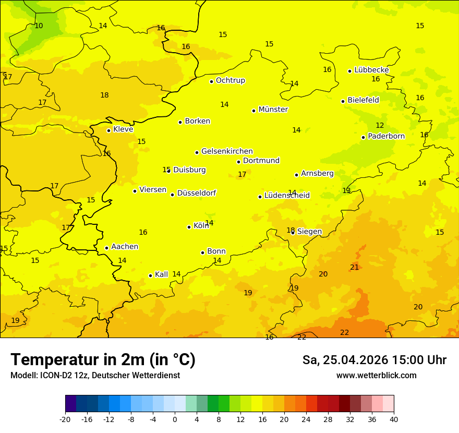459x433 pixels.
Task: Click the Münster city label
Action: pyautogui.click(x=273, y=110)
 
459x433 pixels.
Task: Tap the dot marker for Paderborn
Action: pyautogui.click(x=363, y=137)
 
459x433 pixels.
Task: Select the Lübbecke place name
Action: pyautogui.click(x=371, y=70)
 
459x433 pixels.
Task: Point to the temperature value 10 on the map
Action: pyautogui.click(x=39, y=26)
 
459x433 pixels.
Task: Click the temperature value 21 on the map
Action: pyautogui.click(x=355, y=267)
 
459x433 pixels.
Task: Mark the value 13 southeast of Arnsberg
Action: pyautogui.click(x=346, y=190)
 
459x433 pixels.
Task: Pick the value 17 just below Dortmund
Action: pyautogui.click(x=242, y=174)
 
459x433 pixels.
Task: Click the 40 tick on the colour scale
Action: pyautogui.click(x=394, y=419)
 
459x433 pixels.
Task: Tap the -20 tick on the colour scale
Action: pyautogui.click(x=65, y=419)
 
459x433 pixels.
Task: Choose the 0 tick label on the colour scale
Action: pyautogui.click(x=175, y=419)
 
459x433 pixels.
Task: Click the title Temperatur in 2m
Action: pyautogui.click(x=103, y=359)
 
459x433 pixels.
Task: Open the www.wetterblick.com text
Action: pyautogui.click(x=376, y=375)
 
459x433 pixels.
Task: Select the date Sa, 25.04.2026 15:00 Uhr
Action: pyautogui.click(x=374, y=360)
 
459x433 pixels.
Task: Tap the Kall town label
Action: pyautogui.click(x=161, y=274)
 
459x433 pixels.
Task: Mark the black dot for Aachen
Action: pyautogui.click(x=106, y=248)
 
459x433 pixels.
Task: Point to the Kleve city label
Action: pyautogui.click(x=123, y=129)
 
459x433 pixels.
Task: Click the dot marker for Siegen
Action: pyautogui.click(x=293, y=232)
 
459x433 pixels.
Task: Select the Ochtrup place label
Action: pyautogui.click(x=230, y=80)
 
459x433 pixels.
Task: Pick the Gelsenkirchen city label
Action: pyautogui.click(x=227, y=151)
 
